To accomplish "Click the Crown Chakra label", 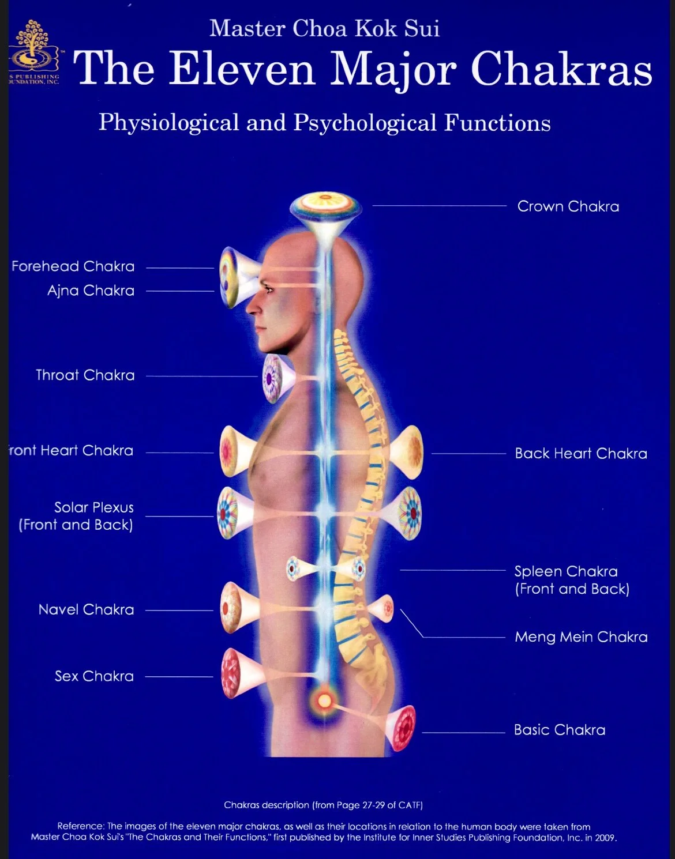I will [568, 206].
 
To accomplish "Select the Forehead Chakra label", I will [73, 266].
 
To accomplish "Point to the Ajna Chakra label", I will [91, 291].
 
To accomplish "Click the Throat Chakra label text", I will [85, 375].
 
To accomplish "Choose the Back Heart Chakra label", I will [581, 454].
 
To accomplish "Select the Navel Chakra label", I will [86, 610].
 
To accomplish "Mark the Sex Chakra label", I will [94, 676].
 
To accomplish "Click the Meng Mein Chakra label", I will [581, 637].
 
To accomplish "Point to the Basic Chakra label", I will [560, 730].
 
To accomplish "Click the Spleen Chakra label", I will [566, 572].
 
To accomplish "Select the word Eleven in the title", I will [242, 69].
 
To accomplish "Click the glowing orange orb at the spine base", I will [325, 700].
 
